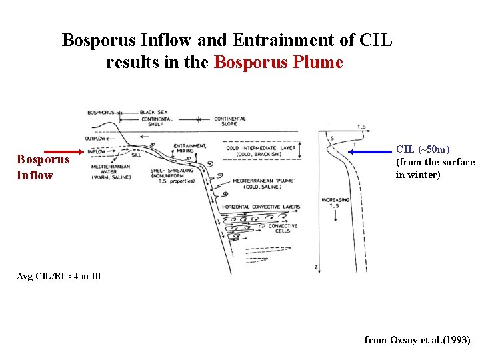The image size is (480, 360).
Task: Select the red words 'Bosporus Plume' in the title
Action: coord(278,63)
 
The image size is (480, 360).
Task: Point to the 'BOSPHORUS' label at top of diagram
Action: coord(101,112)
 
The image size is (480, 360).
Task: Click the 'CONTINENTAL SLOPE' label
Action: coord(229,121)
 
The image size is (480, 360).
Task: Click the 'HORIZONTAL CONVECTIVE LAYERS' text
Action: coord(263,207)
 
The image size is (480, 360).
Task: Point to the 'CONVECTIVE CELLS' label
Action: coord(283,229)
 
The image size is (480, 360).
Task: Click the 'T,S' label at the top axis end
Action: coord(361,127)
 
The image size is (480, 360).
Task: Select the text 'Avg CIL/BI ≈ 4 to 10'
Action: coord(59,276)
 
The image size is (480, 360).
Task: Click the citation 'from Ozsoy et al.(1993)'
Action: coord(417,340)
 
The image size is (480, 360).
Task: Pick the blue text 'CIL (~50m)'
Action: coord(423,149)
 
